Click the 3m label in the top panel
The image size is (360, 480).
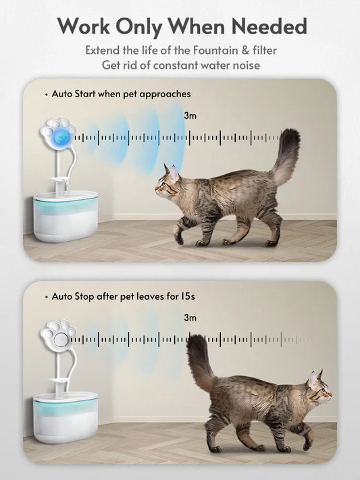point(190,115)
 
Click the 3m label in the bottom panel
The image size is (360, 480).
point(190,317)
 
